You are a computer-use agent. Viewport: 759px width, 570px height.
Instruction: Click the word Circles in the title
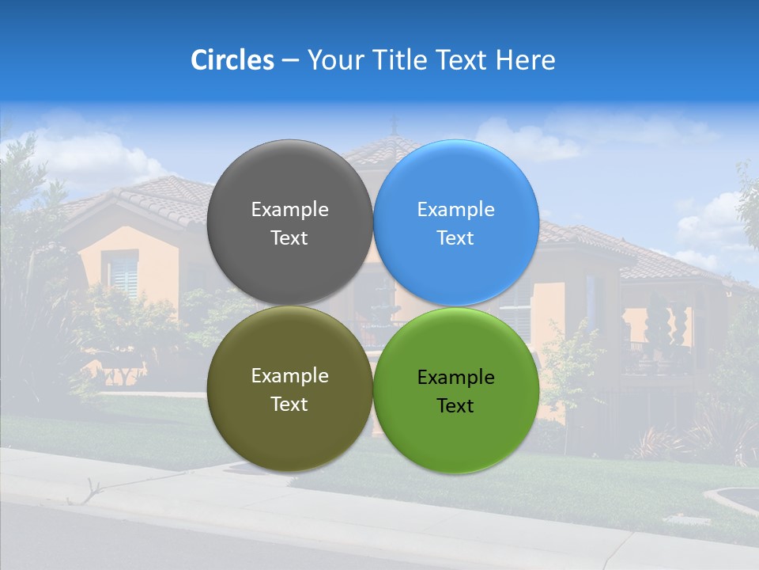point(232,60)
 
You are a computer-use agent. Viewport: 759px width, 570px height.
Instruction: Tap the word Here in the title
point(525,60)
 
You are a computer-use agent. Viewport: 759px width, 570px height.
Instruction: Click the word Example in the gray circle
point(289,210)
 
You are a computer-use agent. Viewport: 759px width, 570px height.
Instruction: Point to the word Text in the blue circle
point(455,238)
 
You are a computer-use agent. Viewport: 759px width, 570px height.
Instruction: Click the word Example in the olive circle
point(289,376)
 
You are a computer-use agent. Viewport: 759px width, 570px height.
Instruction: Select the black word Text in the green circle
point(455,406)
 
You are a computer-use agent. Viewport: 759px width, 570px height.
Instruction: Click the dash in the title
point(290,61)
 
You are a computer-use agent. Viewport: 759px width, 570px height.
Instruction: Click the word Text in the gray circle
point(289,238)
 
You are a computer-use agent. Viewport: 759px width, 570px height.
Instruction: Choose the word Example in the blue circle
point(455,210)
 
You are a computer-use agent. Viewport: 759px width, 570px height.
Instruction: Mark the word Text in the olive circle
point(289,405)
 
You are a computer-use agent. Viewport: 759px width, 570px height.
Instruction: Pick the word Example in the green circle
point(455,378)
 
